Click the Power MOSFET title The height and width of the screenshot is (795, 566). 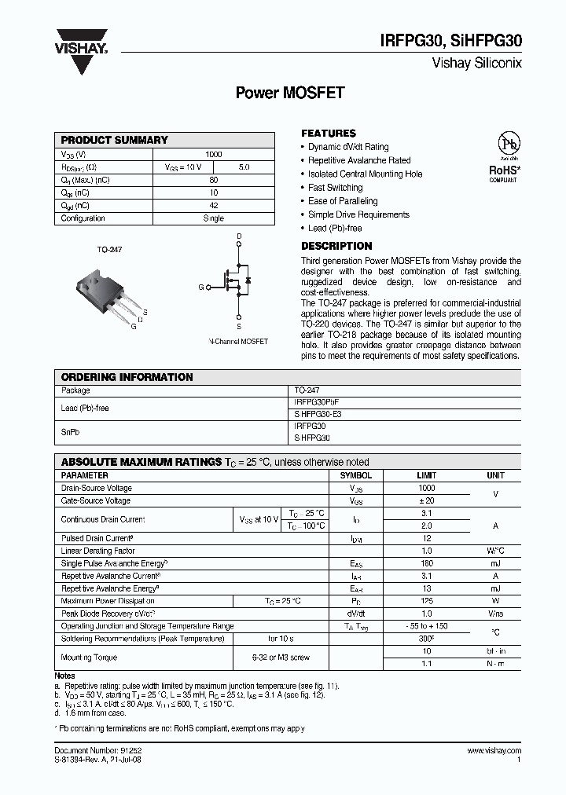pyautogui.click(x=290, y=93)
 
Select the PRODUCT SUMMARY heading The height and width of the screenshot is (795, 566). pyautogui.click(x=115, y=140)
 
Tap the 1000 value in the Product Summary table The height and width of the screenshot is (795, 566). pyautogui.click(x=213, y=154)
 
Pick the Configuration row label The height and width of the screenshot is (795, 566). pyautogui.click(x=83, y=218)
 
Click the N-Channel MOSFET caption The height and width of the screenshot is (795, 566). pyautogui.click(x=238, y=342)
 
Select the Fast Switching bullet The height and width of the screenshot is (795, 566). pyautogui.click(x=335, y=188)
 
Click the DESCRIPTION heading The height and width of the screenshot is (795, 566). pyautogui.click(x=336, y=246)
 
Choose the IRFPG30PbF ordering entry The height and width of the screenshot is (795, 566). pyautogui.click(x=316, y=401)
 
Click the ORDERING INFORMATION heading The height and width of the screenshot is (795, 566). pyautogui.click(x=127, y=377)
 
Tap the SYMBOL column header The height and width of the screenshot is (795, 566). pyautogui.click(x=355, y=476)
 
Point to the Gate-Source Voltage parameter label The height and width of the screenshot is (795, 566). pyautogui.click(x=96, y=500)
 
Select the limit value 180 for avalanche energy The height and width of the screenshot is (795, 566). pyautogui.click(x=427, y=563)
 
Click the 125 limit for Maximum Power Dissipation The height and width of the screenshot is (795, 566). pyautogui.click(x=427, y=601)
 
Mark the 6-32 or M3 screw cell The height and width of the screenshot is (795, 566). pyautogui.click(x=280, y=657)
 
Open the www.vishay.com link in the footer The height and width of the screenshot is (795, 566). pyautogui.click(x=494, y=751)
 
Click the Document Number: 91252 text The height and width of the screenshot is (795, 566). pyautogui.click(x=98, y=751)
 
